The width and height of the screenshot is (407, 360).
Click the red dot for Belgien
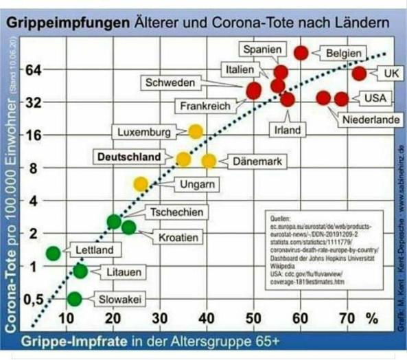point(301,53)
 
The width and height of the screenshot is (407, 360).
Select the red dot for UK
point(359,73)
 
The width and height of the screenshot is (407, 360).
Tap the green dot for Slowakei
point(75,299)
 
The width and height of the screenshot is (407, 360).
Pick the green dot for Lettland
point(54,253)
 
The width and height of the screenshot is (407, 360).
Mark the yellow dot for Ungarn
point(141,183)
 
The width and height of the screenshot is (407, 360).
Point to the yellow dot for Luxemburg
point(196,131)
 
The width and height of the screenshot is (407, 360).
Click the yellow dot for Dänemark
point(209,161)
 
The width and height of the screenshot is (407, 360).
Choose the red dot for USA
point(341,98)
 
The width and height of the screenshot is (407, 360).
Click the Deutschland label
point(128,157)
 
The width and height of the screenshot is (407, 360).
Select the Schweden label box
point(170,82)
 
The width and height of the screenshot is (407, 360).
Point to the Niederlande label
point(371,120)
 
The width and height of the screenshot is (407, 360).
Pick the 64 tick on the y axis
point(34,69)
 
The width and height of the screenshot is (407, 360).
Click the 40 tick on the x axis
point(207,318)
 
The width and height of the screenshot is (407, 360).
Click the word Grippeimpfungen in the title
point(68,23)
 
